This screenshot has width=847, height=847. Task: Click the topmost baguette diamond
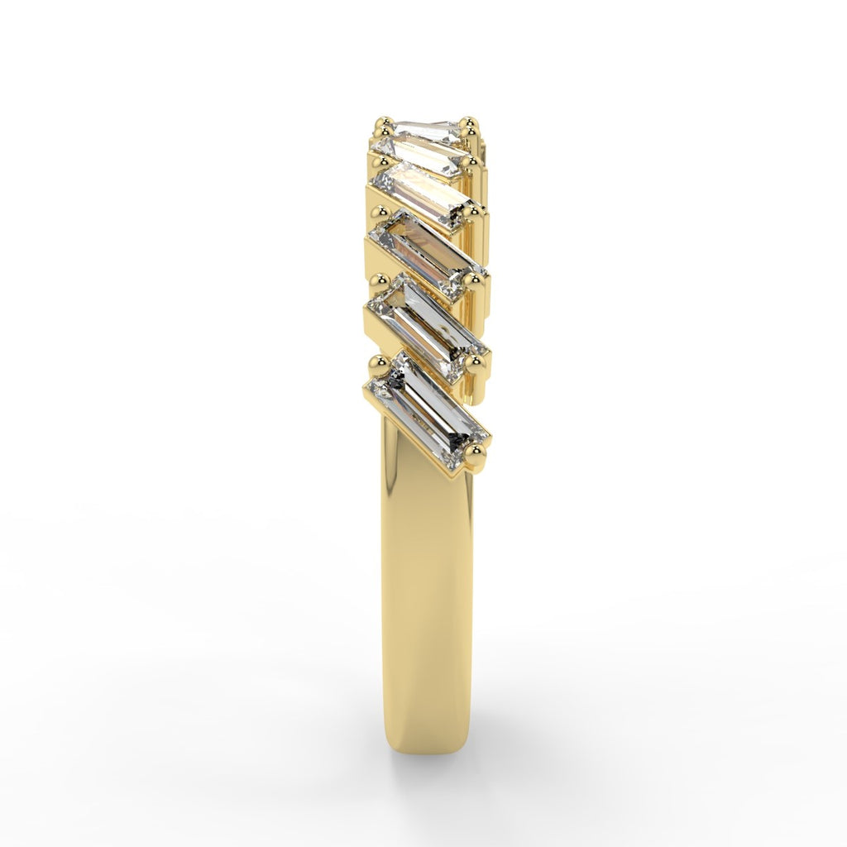427,131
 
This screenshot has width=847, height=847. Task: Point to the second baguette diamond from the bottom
427,323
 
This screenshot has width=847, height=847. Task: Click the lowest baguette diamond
428,410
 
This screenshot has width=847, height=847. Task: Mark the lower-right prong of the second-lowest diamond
475,362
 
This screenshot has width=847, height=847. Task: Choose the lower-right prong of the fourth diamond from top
473,281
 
